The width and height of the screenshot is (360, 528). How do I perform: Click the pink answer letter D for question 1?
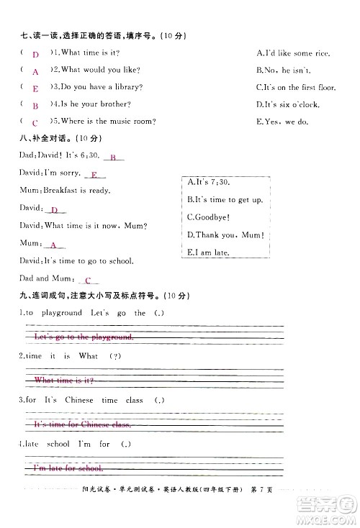click(x=35, y=54)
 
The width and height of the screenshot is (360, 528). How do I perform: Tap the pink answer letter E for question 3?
click(x=35, y=88)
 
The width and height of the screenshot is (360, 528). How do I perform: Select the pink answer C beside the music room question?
click(x=35, y=123)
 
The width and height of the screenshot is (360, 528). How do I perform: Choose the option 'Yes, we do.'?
click(x=282, y=122)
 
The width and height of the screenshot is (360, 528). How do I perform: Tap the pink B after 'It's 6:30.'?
click(x=113, y=158)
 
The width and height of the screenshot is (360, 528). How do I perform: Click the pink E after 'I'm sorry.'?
click(x=94, y=175)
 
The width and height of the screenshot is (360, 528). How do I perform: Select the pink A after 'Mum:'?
click(x=53, y=245)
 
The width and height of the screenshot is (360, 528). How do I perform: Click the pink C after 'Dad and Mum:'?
click(x=87, y=280)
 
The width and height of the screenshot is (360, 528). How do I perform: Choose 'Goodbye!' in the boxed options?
click(x=208, y=217)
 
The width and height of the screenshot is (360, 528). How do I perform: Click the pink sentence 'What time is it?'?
click(x=64, y=379)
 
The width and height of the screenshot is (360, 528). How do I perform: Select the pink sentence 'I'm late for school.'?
click(x=69, y=468)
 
